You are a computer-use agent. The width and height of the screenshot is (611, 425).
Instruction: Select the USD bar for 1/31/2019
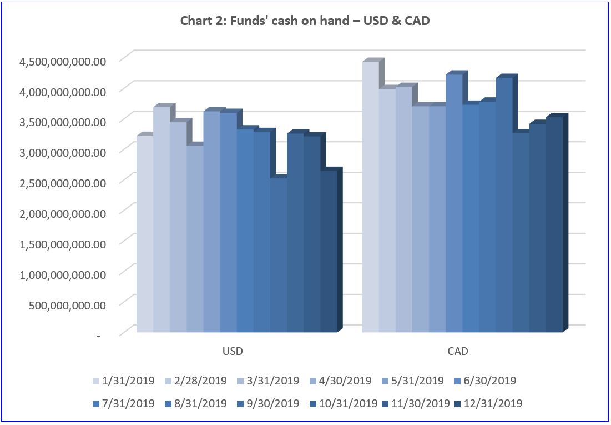click(145, 233)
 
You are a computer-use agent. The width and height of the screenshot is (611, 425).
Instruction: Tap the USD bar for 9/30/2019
click(278, 256)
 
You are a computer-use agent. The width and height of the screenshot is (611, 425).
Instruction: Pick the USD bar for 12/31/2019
click(329, 250)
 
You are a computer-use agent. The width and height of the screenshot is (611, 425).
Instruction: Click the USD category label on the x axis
click(233, 352)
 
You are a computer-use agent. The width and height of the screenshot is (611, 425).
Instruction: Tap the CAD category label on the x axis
click(458, 352)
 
